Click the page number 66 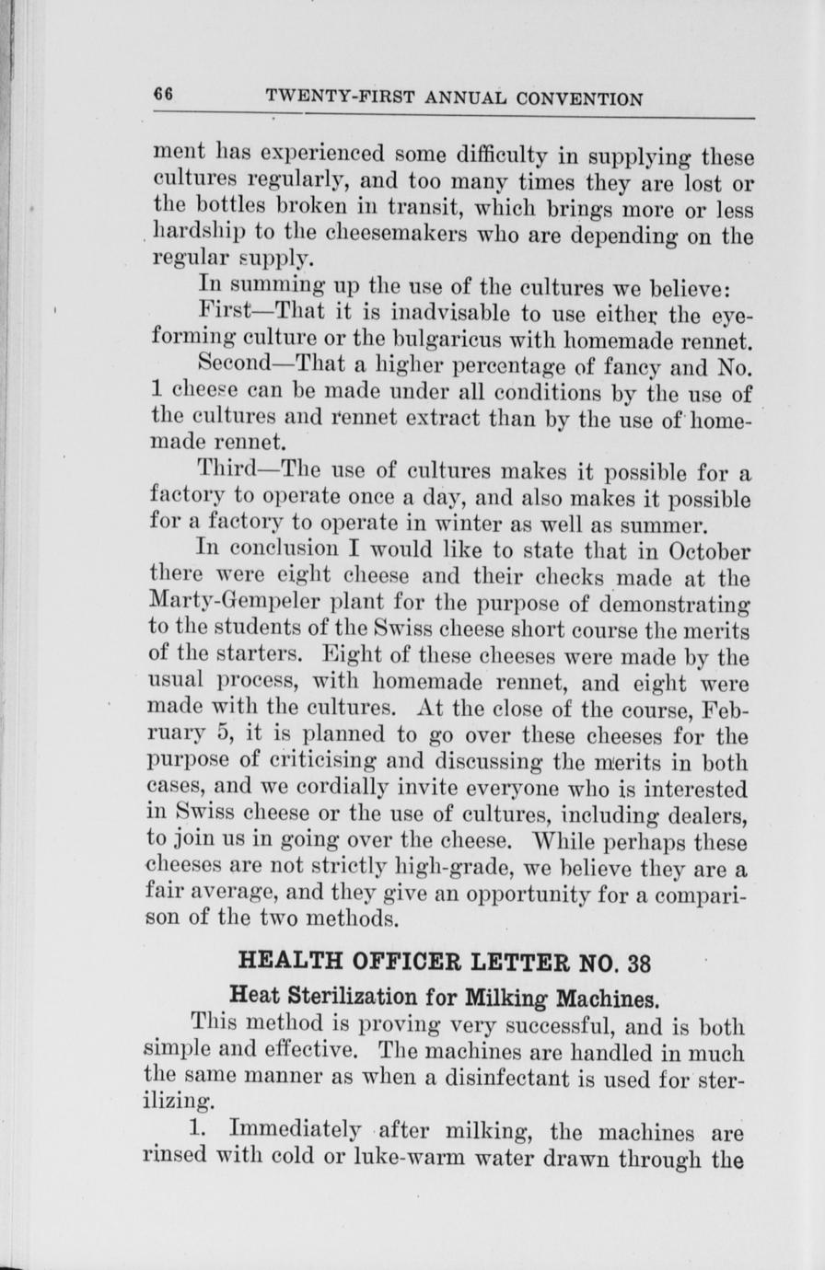coord(165,96)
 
